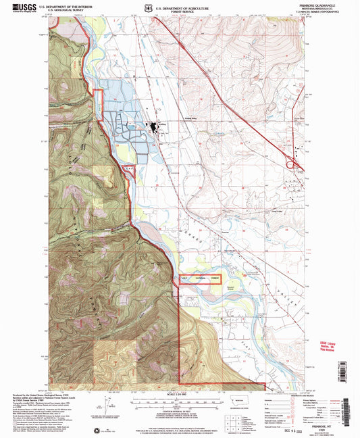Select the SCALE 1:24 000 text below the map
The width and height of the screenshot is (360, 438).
tap(179, 395)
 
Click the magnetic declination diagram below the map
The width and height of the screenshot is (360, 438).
tap(101, 408)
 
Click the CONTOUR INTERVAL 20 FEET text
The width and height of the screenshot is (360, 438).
tap(179, 408)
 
